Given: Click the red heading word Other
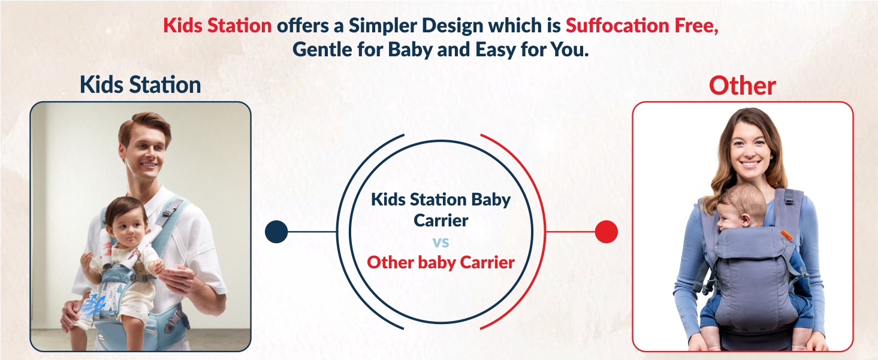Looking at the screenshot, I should [x=742, y=86].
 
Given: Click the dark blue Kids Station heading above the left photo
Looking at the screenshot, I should [x=140, y=85].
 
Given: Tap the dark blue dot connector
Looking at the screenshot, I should [x=276, y=232].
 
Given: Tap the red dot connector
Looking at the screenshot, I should [x=606, y=232].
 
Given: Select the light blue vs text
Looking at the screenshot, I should [x=440, y=243].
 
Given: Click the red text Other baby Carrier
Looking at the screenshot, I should [x=440, y=262].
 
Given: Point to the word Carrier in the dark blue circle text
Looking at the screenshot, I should [x=440, y=220].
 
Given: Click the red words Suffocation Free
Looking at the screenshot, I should [x=642, y=26].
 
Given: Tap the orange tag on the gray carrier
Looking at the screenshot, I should [x=786, y=235].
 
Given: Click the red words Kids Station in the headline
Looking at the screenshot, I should [x=218, y=26].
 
